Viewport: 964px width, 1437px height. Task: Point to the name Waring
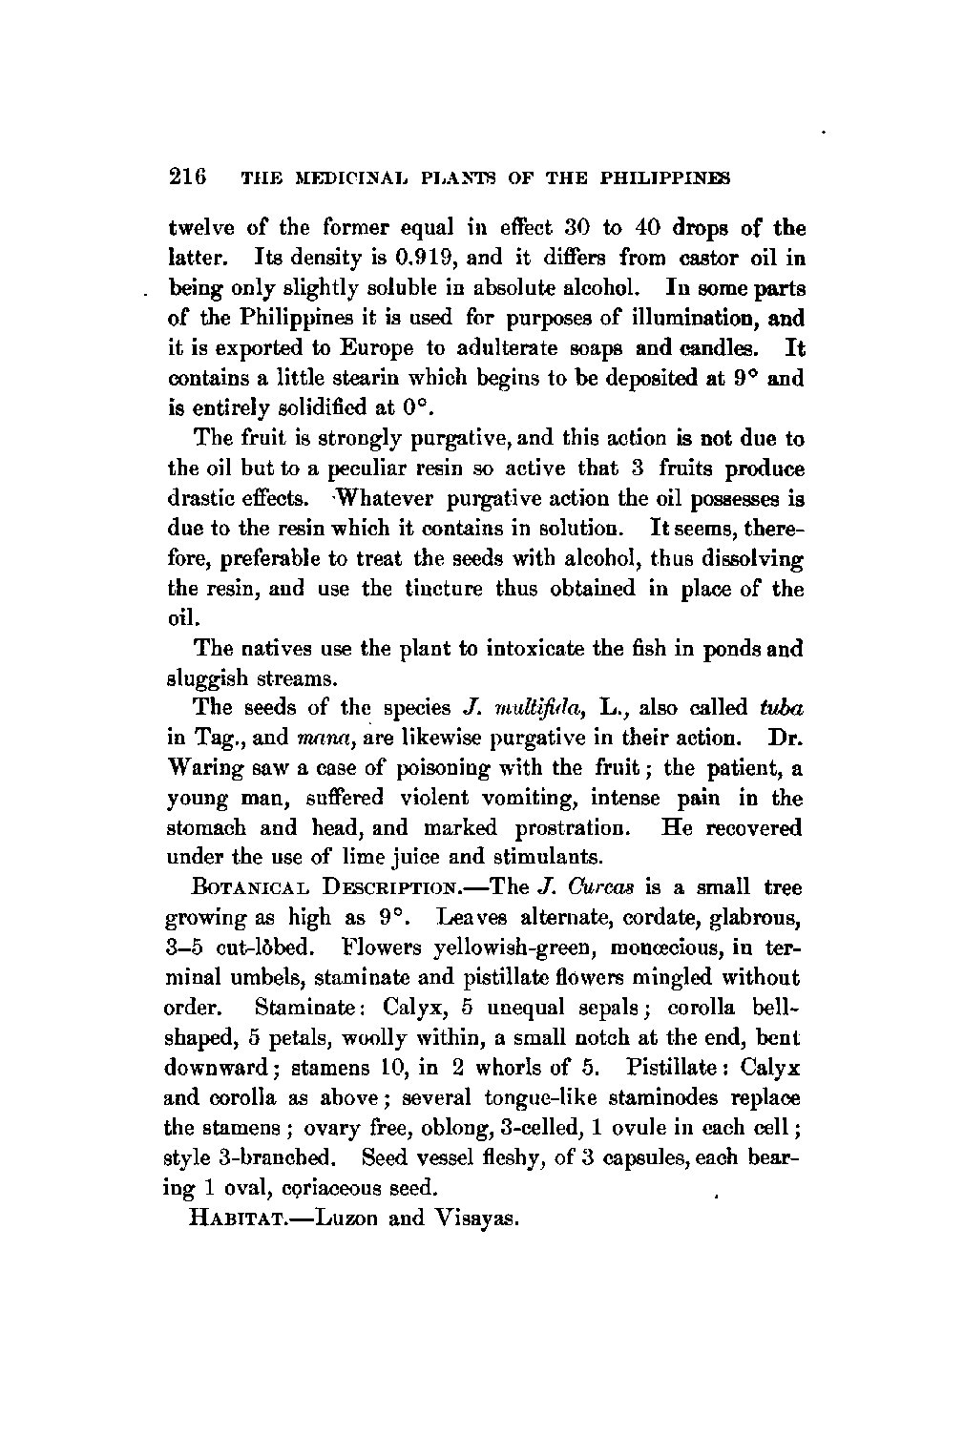coord(206,767)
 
